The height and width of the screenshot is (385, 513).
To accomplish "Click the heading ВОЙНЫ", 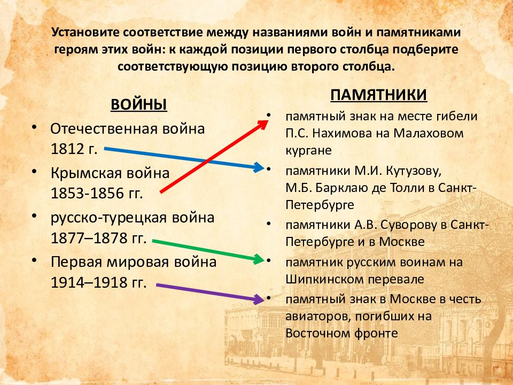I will pyautogui.click(x=139, y=104).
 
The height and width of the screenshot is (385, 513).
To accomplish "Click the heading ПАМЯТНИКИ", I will pyautogui.click(x=378, y=95).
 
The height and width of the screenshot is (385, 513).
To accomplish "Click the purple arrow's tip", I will pyautogui.click(x=260, y=298).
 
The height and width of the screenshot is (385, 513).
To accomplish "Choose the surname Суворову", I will pyautogui.click(x=403, y=224).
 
